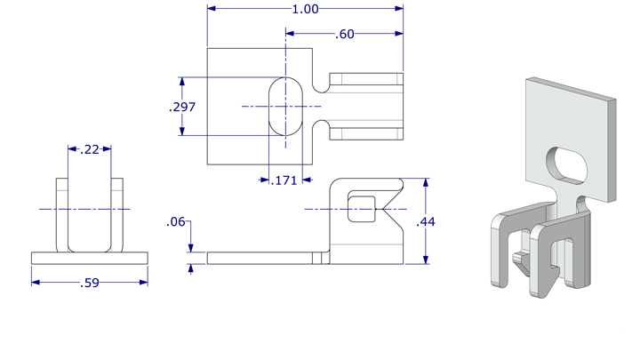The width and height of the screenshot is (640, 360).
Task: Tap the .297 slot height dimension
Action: coord(181,107)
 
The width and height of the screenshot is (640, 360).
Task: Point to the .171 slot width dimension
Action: coord(283,180)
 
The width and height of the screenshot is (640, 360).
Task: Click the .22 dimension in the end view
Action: coord(90,149)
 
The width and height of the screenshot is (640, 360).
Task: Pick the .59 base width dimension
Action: coord(89,284)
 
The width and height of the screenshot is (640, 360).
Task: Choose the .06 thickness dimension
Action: coord(176,222)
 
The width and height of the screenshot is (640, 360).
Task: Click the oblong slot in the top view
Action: coord(286,106)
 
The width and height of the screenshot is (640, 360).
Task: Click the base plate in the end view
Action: coord(89,258)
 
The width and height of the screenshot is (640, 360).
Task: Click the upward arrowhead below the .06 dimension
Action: coord(191,269)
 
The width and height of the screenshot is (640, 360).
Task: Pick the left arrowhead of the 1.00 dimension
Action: coord(212,9)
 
